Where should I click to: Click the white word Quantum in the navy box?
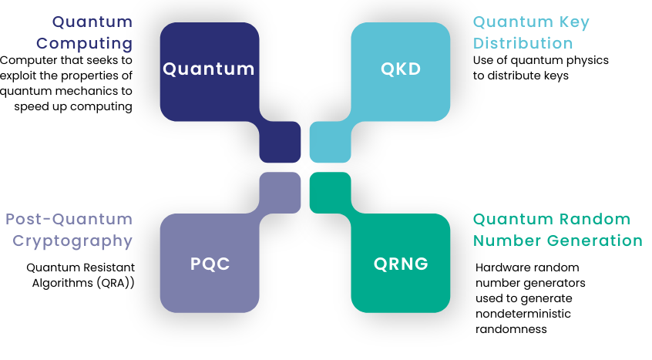(208, 69)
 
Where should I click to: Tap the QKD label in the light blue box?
(401, 69)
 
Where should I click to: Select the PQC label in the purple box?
(210, 264)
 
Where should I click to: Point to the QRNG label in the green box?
(401, 264)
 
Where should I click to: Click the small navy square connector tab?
(280, 142)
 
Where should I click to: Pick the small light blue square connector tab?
(330, 142)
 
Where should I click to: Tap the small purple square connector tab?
(280, 193)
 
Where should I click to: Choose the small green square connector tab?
(330, 193)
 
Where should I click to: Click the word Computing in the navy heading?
(85, 44)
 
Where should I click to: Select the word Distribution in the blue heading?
(523, 43)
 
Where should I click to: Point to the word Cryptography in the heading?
(72, 241)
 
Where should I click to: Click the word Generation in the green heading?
(595, 241)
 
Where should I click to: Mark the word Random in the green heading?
(595, 219)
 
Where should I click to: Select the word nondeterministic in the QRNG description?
(523, 314)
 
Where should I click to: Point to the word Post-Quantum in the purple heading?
(69, 219)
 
